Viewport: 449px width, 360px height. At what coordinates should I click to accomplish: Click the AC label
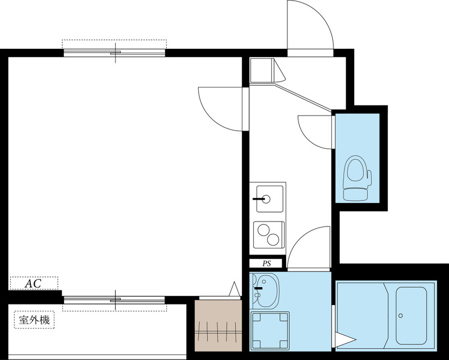33,284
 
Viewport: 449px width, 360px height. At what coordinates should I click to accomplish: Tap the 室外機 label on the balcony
34,320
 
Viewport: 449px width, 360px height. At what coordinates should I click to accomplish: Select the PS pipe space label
267,264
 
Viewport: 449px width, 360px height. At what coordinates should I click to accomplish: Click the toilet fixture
357,178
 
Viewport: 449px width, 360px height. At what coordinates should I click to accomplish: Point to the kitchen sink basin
270,199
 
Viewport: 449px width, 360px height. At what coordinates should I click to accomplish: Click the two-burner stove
269,234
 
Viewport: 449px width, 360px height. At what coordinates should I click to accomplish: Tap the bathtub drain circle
401,316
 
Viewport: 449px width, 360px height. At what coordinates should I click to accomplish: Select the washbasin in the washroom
265,289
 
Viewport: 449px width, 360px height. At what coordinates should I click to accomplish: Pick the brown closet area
218,326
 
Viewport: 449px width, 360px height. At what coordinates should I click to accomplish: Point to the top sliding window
114,53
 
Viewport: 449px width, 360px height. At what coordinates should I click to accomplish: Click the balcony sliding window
114,300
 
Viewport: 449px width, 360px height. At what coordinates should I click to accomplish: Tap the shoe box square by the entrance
260,70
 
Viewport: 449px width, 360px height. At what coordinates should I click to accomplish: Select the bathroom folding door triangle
345,340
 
